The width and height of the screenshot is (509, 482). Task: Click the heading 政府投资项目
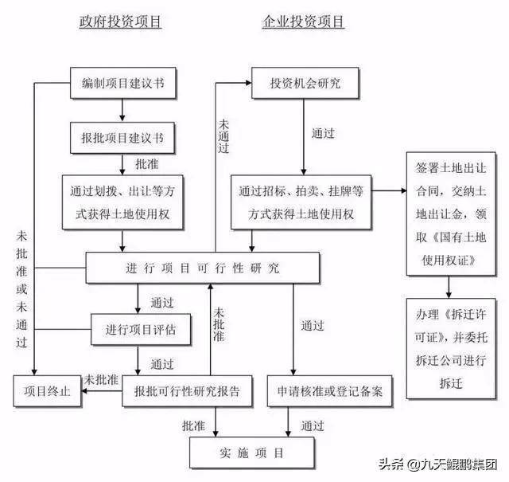click(121, 22)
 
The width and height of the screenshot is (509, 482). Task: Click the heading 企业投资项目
click(304, 22)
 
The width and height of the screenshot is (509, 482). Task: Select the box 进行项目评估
click(140, 327)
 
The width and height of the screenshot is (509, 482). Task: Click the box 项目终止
click(46, 392)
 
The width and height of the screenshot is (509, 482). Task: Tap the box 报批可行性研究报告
click(188, 392)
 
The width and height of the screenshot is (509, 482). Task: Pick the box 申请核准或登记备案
click(330, 392)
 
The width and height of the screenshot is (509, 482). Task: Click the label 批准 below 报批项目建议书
click(146, 165)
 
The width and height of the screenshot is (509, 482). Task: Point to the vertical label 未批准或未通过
click(21, 287)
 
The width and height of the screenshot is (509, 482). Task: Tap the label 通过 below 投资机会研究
click(322, 134)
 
